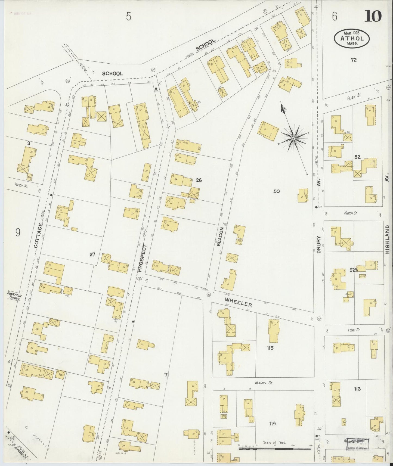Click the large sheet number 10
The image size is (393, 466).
[x=373, y=16]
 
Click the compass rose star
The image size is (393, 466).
[x=293, y=138]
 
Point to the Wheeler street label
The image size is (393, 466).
[x=238, y=303]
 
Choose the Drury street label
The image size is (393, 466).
[x=319, y=244]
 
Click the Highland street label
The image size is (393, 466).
[x=387, y=239]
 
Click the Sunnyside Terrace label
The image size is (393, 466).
[x=14, y=296]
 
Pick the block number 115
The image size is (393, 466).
[x=270, y=348]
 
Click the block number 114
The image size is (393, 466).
[x=272, y=423]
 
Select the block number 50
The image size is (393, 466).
[x=276, y=191]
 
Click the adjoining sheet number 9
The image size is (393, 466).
[x=18, y=232]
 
